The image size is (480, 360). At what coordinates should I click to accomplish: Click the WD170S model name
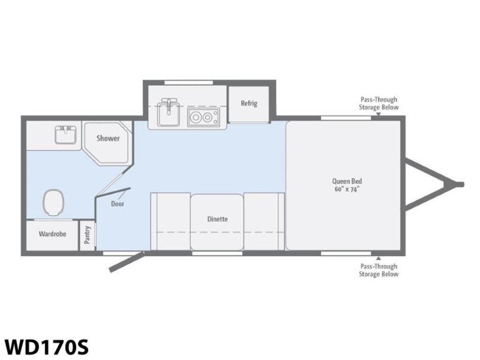[x=46, y=347]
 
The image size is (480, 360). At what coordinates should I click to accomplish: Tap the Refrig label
[x=249, y=104]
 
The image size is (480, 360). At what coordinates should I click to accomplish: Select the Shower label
[x=108, y=138]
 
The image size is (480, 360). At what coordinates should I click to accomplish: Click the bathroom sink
[x=66, y=135]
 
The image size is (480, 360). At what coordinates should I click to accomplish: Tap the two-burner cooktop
[x=203, y=117]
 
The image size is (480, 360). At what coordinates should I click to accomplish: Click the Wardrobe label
[x=52, y=234]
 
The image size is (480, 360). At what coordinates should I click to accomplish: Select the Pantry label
[x=87, y=235]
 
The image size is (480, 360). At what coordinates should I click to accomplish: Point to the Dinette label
[x=217, y=219]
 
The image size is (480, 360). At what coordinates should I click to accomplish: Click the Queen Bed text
[x=347, y=181]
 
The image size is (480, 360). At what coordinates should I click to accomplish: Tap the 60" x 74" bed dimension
[x=347, y=189]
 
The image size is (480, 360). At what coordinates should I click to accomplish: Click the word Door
[x=118, y=204]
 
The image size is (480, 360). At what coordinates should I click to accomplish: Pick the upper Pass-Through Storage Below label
[x=379, y=104]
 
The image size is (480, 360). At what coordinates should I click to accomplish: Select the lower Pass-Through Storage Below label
[x=379, y=270]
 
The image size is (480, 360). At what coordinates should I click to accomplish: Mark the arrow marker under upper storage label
[x=378, y=114]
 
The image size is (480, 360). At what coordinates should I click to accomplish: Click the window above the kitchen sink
[x=188, y=82]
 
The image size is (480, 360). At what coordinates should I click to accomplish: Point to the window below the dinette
[x=217, y=253]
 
